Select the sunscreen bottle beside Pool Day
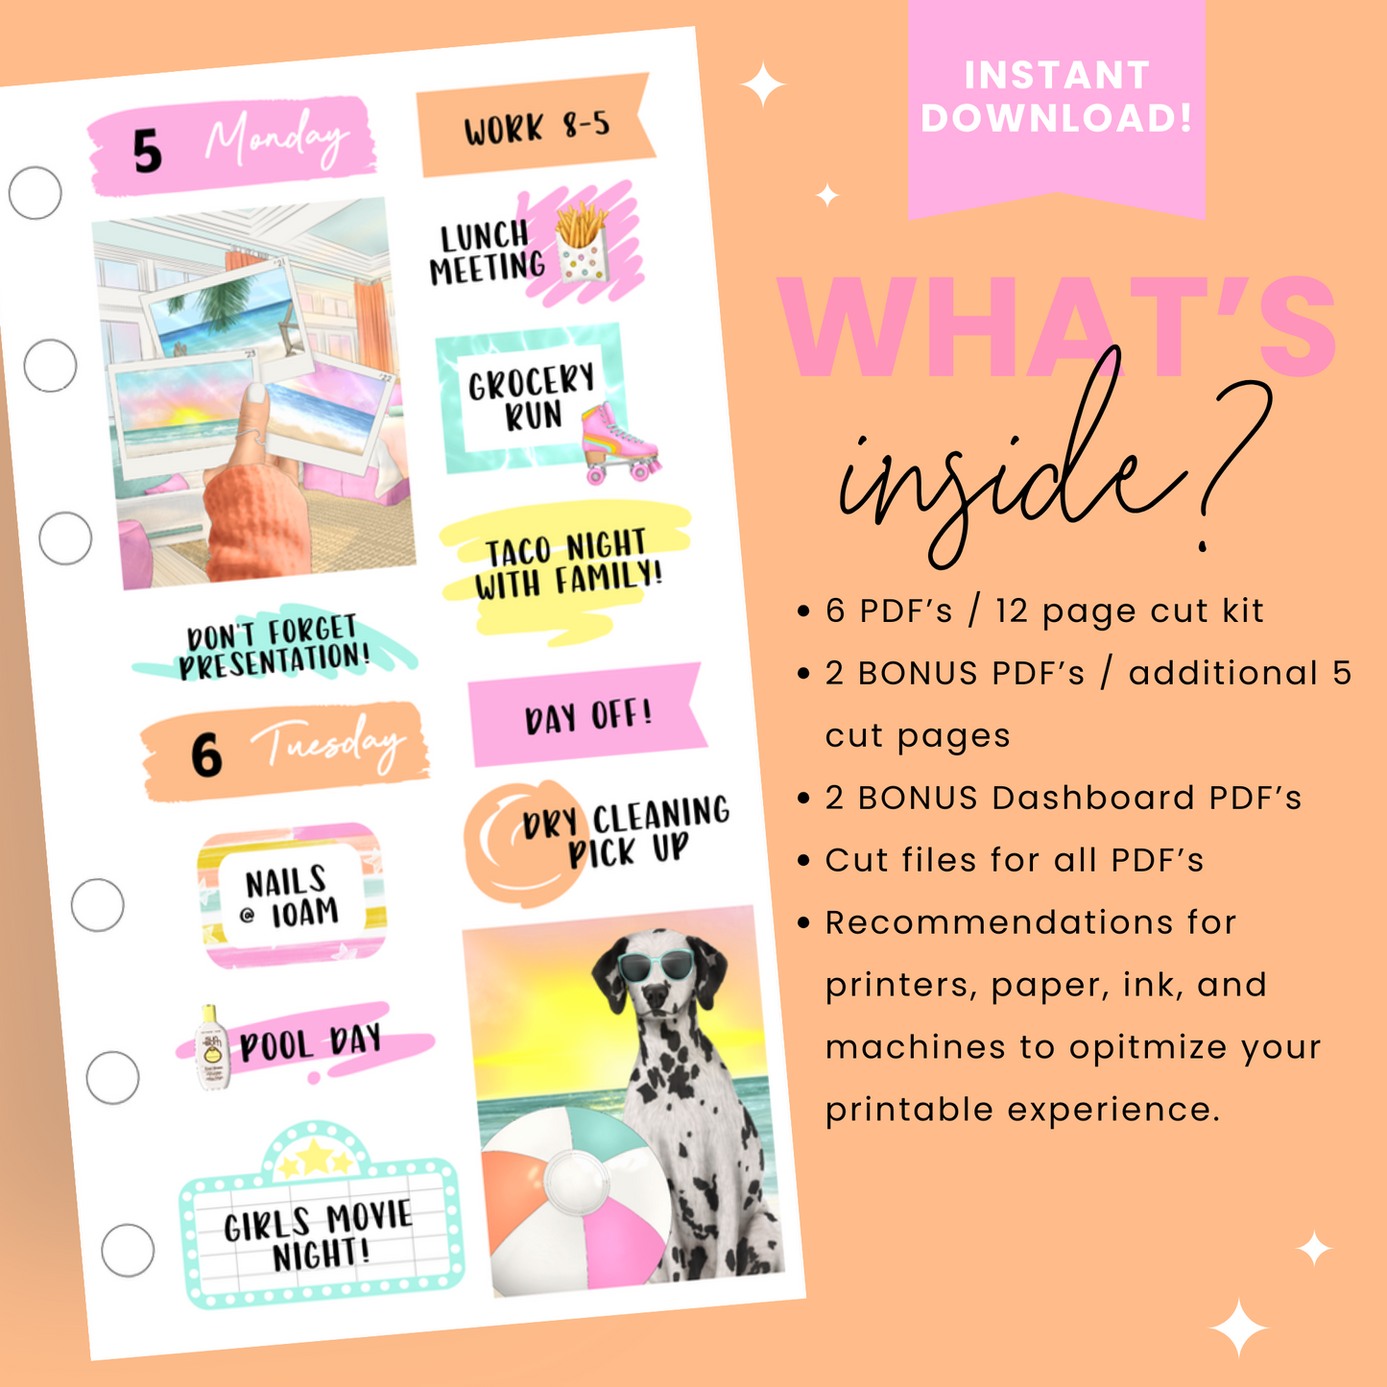[212, 1047]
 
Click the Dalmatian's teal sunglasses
[653, 965]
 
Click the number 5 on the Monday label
[147, 152]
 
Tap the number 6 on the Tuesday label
[205, 754]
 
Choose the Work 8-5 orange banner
[535, 127]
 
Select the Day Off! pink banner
[586, 716]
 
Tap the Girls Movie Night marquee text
[319, 1235]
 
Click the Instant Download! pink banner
[1056, 97]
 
